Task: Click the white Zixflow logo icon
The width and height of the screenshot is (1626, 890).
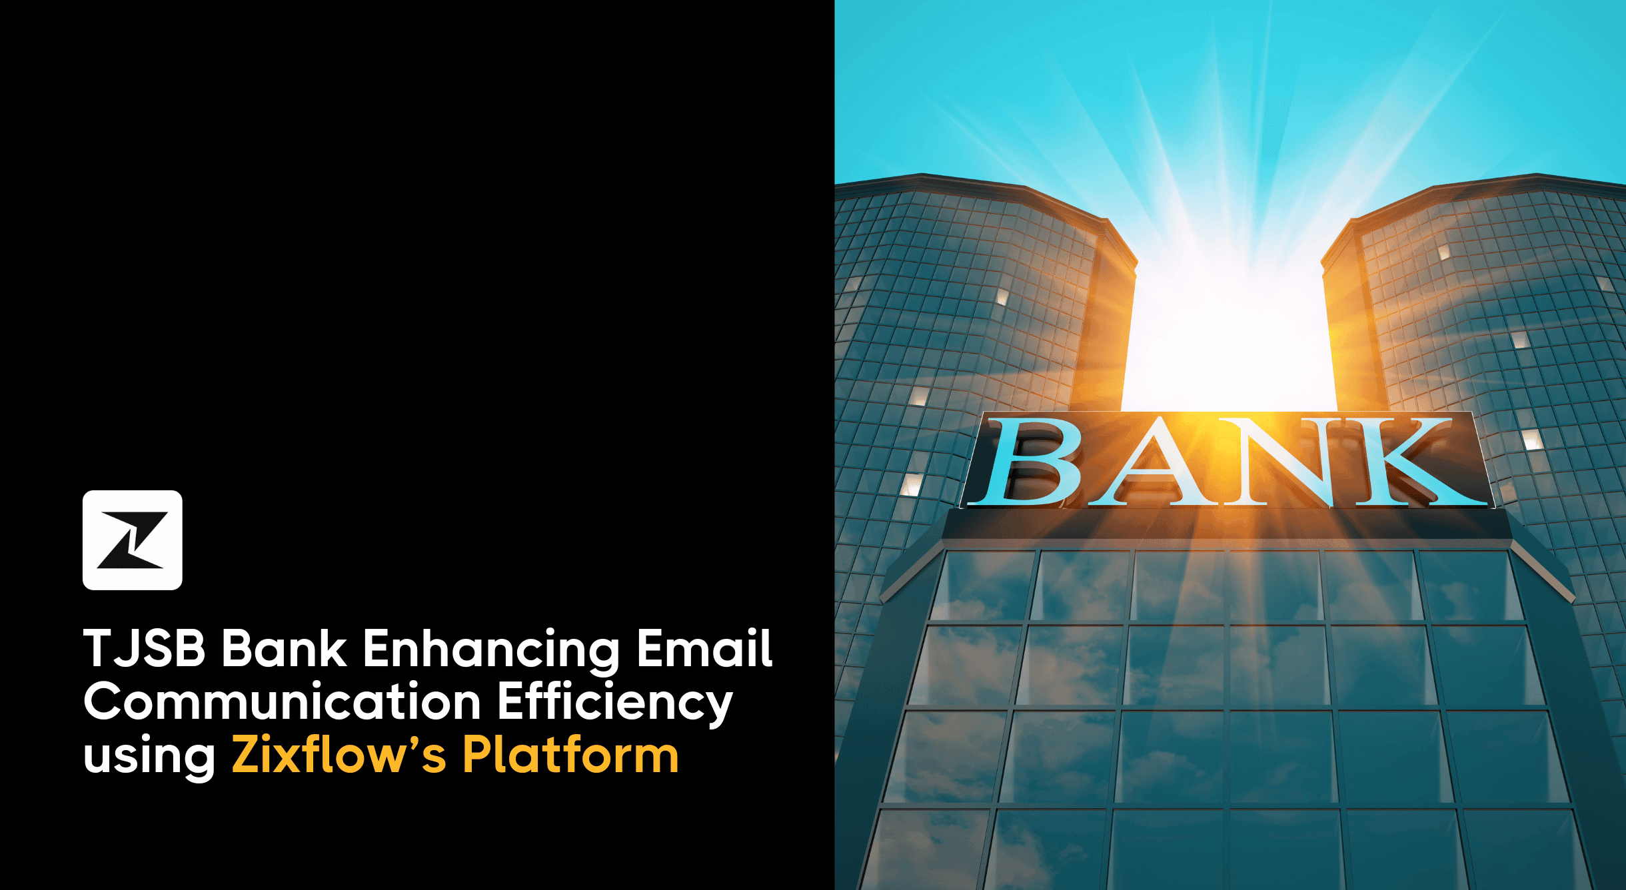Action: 132,540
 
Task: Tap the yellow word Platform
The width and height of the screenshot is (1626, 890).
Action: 570,755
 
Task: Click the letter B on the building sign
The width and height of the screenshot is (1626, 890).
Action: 1030,462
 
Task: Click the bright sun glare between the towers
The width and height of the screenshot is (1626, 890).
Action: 1230,333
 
